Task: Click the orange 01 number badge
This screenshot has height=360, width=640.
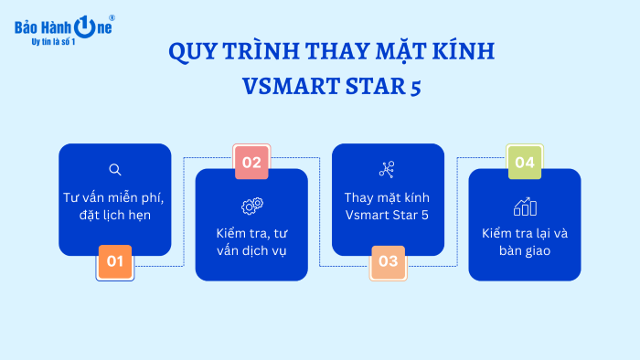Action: [x=115, y=261]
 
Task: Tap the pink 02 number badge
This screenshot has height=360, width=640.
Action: [x=251, y=164]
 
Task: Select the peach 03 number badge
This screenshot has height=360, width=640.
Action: [x=388, y=261]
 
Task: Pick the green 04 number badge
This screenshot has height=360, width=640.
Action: [x=524, y=164]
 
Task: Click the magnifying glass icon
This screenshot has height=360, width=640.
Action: [x=115, y=169]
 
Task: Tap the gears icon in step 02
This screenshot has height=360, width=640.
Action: [x=251, y=206]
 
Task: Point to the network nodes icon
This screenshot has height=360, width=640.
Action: [x=387, y=169]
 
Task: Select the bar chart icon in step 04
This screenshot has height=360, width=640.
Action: [x=524, y=206]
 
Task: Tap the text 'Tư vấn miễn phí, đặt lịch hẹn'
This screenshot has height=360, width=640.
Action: [x=115, y=206]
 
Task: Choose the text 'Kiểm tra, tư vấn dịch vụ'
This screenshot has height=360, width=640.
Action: [x=251, y=241]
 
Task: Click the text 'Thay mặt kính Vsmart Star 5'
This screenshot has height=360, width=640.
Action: [x=387, y=206]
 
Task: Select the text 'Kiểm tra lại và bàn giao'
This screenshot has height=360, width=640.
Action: [x=524, y=241]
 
